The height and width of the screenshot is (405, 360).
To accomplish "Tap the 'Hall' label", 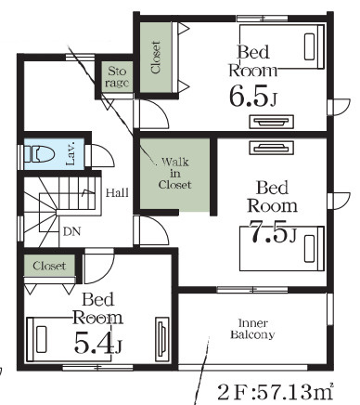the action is coord(117,193).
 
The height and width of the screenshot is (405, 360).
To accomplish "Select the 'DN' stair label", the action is coord(71,231).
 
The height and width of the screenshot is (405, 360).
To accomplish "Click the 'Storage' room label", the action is coord(117,77).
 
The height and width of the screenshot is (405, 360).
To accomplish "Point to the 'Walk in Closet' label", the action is coord(175,173).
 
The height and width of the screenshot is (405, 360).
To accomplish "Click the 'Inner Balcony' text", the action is coord(252,329).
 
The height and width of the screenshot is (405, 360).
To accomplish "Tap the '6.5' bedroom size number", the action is coord(249,96).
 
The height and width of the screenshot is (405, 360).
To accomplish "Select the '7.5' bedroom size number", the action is coord(268,231).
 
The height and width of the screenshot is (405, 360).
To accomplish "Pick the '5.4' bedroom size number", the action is coord(93,343).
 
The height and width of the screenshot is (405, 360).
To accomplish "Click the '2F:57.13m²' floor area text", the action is coord(276,392).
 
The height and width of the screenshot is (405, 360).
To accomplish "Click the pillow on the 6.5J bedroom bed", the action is coord(309,46).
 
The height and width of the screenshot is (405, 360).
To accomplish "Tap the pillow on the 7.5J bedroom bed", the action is coord(309,249).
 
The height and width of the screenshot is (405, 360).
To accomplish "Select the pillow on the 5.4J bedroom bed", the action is coord(42,339).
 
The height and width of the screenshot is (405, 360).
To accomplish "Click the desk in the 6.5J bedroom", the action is coord(271,122).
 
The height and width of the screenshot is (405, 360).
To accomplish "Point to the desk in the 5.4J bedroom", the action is coord(161,339).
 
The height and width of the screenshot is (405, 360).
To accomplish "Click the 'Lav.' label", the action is coord(71,154).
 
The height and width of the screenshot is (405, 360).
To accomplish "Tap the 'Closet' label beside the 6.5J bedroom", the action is coord(156,58).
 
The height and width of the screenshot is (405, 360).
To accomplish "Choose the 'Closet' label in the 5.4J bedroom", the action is coord(49,266).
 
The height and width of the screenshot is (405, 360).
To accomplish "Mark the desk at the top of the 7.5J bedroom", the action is coord(271,148).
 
